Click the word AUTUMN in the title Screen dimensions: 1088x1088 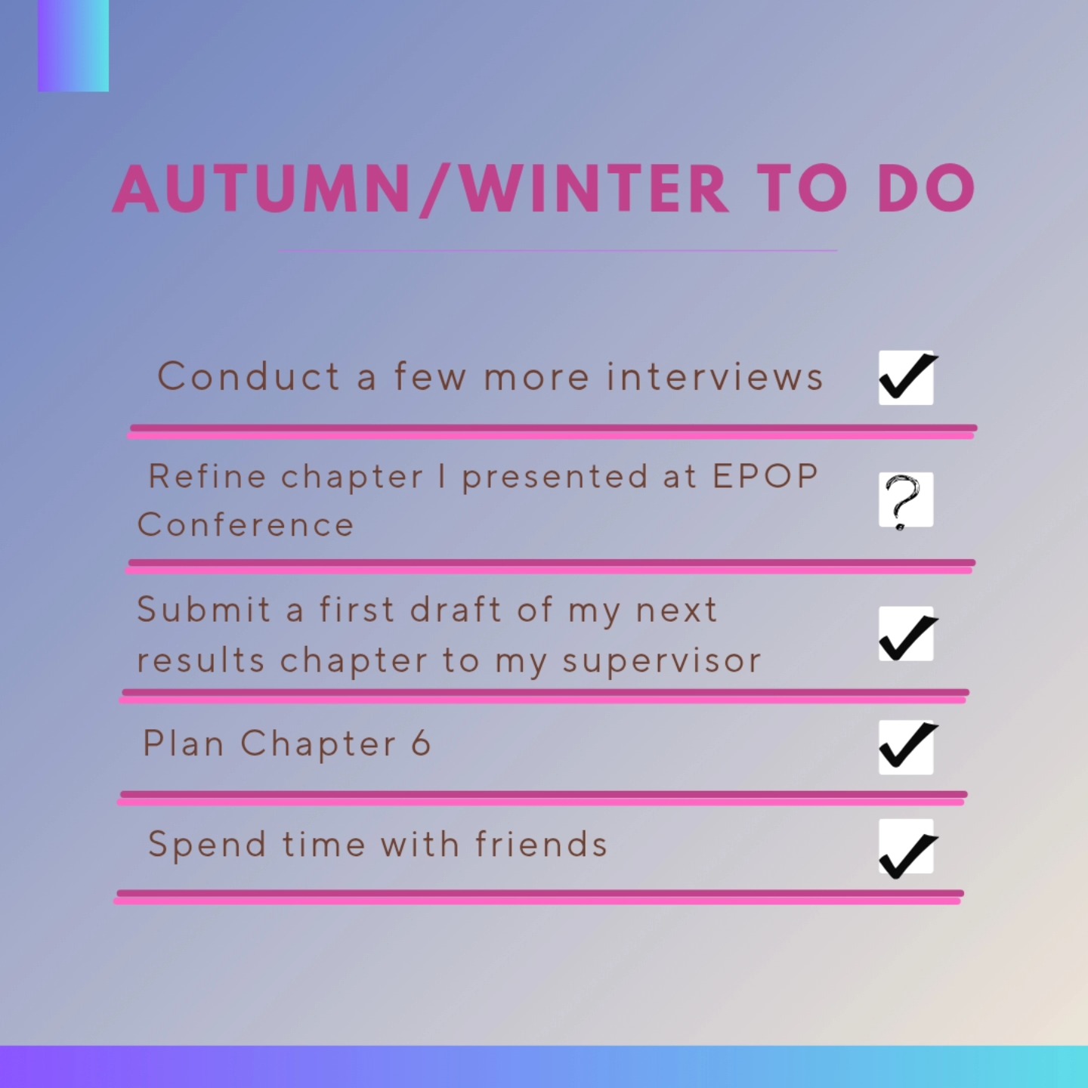[261, 189]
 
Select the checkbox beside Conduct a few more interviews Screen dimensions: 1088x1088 [906, 378]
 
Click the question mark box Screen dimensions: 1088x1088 [906, 500]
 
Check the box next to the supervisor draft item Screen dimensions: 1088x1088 [906, 635]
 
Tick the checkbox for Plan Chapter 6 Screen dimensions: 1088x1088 [906, 746]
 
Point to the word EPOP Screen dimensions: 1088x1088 [765, 476]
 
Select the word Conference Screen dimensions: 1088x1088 [246, 525]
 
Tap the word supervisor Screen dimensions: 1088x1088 [662, 661]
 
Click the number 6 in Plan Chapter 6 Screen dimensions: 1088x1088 [421, 743]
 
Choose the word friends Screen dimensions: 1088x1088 [541, 844]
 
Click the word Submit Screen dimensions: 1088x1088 [203, 610]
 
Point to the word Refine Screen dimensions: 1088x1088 [208, 476]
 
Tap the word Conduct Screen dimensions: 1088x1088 [249, 376]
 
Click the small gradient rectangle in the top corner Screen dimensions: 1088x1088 [73, 45]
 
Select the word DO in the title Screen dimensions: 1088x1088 [926, 189]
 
